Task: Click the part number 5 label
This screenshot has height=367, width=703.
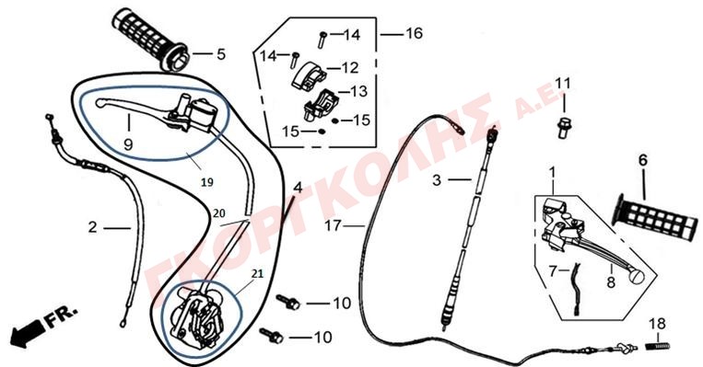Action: click(221, 54)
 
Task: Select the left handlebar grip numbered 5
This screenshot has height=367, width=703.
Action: click(150, 40)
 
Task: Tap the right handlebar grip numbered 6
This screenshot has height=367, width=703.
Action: click(655, 217)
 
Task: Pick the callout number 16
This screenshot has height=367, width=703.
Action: click(414, 33)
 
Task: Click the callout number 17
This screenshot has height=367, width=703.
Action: click(334, 225)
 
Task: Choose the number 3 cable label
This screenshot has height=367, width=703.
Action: click(437, 180)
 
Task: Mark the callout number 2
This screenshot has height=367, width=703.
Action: click(92, 227)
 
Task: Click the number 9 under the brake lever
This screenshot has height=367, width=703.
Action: click(128, 144)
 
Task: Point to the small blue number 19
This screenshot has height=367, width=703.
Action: click(207, 182)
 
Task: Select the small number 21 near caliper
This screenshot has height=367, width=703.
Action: click(257, 273)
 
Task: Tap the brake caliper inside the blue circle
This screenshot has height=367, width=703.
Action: click(197, 315)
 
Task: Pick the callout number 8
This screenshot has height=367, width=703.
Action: click(611, 282)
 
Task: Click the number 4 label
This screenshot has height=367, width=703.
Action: click(299, 188)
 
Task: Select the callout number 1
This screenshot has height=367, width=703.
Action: click(553, 172)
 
